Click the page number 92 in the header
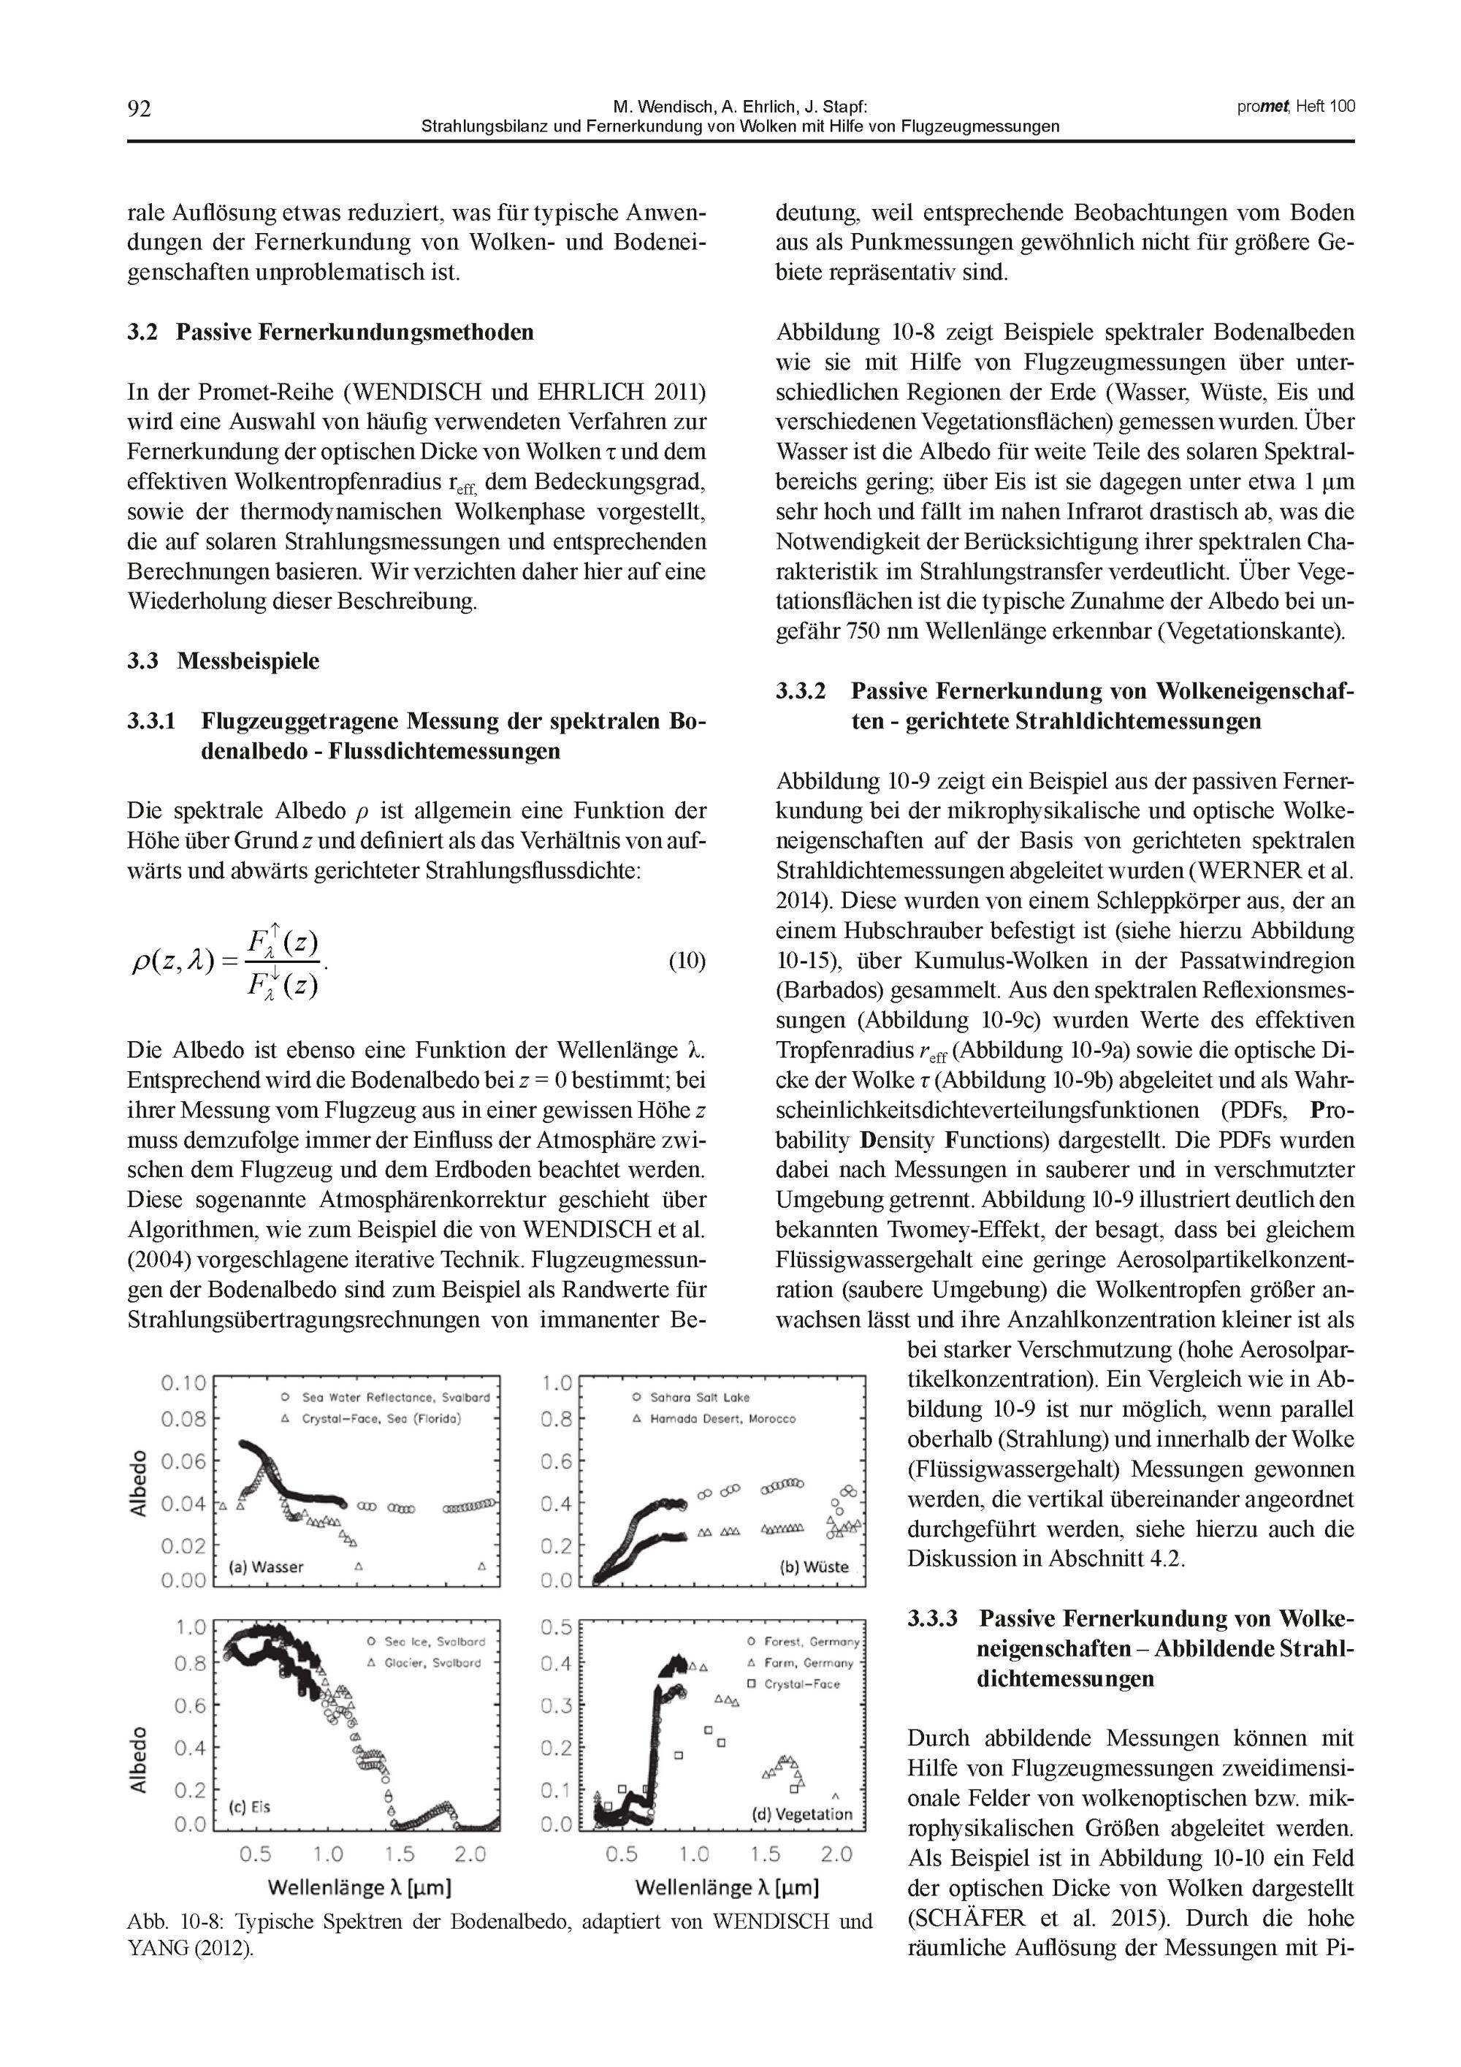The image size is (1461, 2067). [x=140, y=109]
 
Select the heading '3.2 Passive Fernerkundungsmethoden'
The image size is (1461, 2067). [x=330, y=332]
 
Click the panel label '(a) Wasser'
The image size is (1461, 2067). [x=267, y=1567]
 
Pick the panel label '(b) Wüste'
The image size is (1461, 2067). [x=814, y=1567]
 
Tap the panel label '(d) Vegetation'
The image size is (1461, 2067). [x=801, y=1814]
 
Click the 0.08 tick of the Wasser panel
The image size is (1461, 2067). [x=183, y=1420]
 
